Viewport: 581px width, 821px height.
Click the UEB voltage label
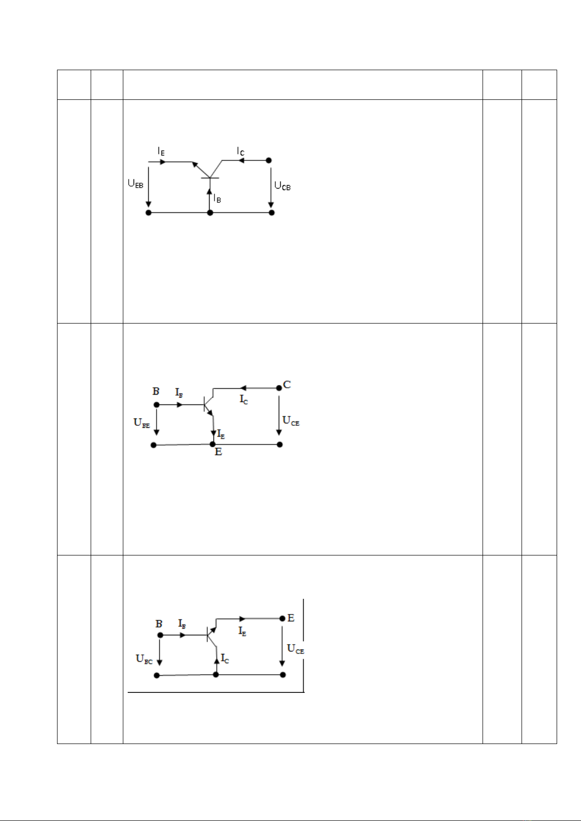(x=136, y=184)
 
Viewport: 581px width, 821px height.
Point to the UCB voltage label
(x=282, y=186)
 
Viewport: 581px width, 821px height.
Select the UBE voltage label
(x=141, y=423)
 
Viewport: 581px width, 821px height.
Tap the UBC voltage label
(x=144, y=659)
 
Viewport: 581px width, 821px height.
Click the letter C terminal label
(x=287, y=384)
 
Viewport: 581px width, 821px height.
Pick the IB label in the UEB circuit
(x=217, y=198)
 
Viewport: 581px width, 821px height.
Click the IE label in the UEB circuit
(x=161, y=151)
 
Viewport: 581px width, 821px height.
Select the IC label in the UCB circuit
(x=240, y=151)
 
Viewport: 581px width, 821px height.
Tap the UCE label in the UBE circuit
(x=290, y=420)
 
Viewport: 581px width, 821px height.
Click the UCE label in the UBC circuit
(x=295, y=649)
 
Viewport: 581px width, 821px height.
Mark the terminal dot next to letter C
(x=279, y=388)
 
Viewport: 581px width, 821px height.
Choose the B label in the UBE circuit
(x=156, y=391)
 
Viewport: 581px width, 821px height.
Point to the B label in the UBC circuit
(x=159, y=624)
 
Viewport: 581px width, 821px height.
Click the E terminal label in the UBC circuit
(x=290, y=618)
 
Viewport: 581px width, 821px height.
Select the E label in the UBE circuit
(x=218, y=452)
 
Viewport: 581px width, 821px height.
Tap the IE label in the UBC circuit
(x=242, y=631)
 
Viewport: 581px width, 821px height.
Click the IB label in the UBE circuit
(x=179, y=393)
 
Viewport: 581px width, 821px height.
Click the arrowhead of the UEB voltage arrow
(x=149, y=204)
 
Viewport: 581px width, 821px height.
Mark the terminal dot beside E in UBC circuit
(x=282, y=619)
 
